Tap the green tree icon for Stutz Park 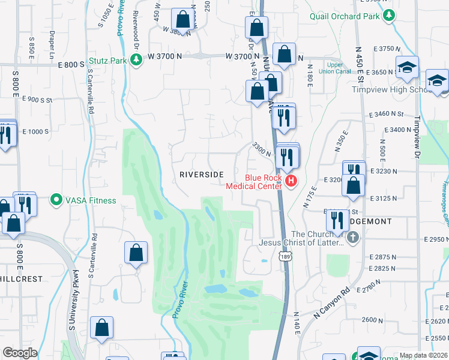136,59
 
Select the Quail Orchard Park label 345,16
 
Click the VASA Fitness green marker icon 56,199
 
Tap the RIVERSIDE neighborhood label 202,175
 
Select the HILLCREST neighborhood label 21,279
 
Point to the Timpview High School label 388,90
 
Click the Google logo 20,353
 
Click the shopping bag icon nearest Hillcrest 136,253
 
